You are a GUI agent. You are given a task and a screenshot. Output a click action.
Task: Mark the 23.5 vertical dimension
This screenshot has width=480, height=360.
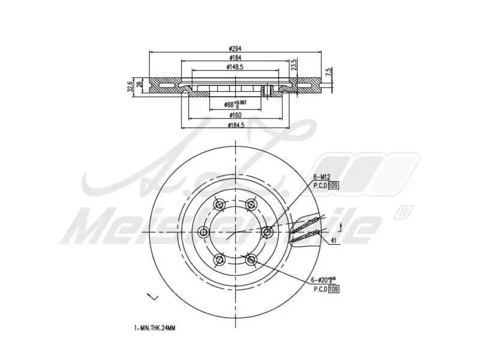click(293, 65)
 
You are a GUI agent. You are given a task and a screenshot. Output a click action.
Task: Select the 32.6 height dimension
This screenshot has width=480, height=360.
click(129, 86)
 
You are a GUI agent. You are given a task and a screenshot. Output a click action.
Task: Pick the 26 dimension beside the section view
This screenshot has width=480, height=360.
click(140, 84)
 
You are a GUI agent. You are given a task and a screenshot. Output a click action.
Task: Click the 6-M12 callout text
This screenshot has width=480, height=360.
click(322, 176)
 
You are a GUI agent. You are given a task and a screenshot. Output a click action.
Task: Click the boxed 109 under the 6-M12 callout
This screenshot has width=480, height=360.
click(334, 185)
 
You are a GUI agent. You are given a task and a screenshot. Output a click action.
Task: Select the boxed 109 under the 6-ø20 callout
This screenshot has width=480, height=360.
click(334, 289)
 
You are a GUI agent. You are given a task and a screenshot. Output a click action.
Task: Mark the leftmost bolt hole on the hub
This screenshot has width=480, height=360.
click(203, 232)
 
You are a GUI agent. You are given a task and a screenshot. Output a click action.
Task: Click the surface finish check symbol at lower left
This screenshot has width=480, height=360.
click(151, 297)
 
